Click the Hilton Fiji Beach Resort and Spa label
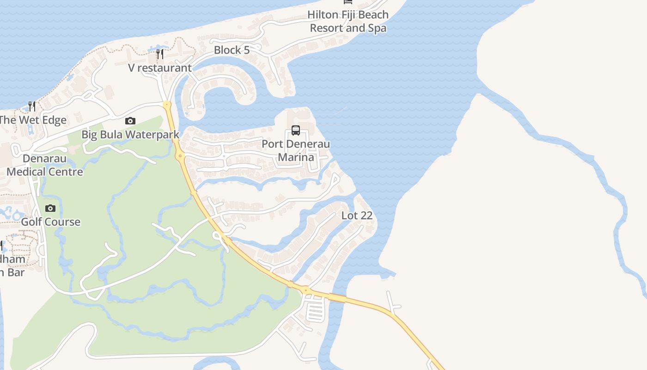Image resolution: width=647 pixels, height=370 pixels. coord(348,21)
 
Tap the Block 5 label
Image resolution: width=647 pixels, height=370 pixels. coord(232,50)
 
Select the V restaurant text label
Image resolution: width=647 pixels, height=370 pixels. coord(160,68)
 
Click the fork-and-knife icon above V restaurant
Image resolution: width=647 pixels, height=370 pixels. coord(160,54)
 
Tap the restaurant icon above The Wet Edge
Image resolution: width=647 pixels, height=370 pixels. coord(32,106)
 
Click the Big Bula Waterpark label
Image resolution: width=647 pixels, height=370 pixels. coord(130,135)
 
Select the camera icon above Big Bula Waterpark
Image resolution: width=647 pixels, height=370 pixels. coord(130,121)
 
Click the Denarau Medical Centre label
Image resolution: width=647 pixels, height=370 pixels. coord(45,165)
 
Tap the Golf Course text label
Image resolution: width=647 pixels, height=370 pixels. coord(51,222)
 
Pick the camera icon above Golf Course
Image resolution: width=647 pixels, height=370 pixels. coord(50,208)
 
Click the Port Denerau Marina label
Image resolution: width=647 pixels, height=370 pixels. coord(296,150)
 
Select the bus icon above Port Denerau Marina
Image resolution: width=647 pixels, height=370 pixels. coord(296,130)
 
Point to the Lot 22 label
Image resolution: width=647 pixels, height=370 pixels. coord(357,216)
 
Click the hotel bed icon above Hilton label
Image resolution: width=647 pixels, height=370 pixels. coord(348,2)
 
